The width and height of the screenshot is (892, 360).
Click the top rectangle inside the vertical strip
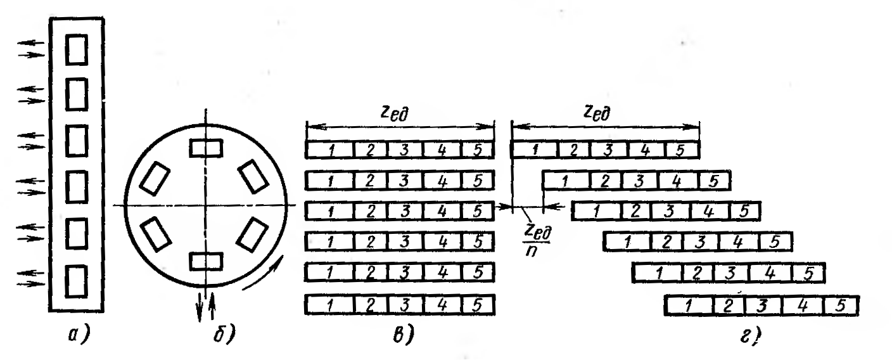pyautogui.click(x=77, y=49)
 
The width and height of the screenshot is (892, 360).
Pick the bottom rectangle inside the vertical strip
pyautogui.click(x=77, y=277)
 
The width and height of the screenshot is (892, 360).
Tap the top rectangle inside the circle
pyautogui.click(x=206, y=148)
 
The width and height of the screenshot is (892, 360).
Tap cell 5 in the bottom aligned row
pyautogui.click(x=476, y=305)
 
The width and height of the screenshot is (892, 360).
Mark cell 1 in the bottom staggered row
pyautogui.click(x=691, y=305)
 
